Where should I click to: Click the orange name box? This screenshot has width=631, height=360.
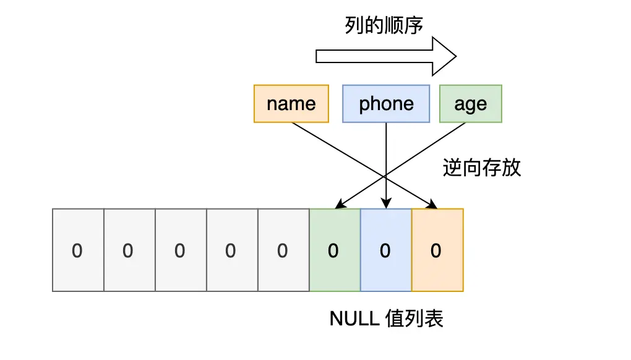tap(291, 103)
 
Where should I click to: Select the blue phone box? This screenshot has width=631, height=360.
tap(386, 103)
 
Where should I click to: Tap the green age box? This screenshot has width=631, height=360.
tap(470, 103)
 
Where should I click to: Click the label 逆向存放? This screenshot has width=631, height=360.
tap(482, 168)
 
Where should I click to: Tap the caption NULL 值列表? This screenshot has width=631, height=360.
tap(387, 319)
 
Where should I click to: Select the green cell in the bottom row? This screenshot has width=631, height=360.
tap(334, 250)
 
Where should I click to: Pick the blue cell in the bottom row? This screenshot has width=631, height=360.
tap(385, 250)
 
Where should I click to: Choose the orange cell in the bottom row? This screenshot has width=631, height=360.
tap(437, 250)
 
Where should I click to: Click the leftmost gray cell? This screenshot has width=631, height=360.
tap(78, 250)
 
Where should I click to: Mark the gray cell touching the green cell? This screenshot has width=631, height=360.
tap(283, 250)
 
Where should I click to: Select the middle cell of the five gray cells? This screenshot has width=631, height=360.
tap(181, 250)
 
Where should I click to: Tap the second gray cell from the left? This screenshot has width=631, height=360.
tap(129, 250)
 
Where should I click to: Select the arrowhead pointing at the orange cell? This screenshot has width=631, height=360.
tap(432, 204)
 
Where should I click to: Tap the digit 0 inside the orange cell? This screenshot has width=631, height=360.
tap(437, 251)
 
